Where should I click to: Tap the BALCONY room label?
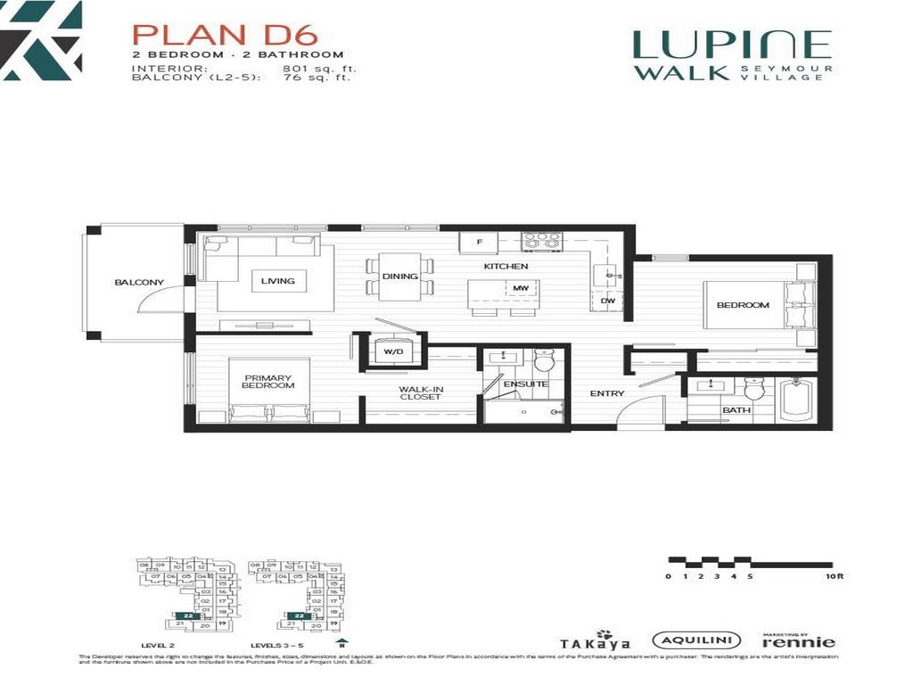coord(139,283)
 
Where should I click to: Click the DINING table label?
coord(400,276)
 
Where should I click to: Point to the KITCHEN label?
coord(506,267)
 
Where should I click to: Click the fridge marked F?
coord(479,242)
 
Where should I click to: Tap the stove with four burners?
coord(540,240)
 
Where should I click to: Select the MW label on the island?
coord(520,288)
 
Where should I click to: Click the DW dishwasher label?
coord(608,301)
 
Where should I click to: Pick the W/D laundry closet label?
coord(393,351)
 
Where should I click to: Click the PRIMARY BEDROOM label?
coord(268,381)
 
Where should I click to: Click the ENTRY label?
coord(607,393)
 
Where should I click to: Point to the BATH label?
coord(736,410)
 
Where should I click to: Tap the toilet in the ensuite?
coord(544,360)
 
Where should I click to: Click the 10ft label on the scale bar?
coord(834,576)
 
